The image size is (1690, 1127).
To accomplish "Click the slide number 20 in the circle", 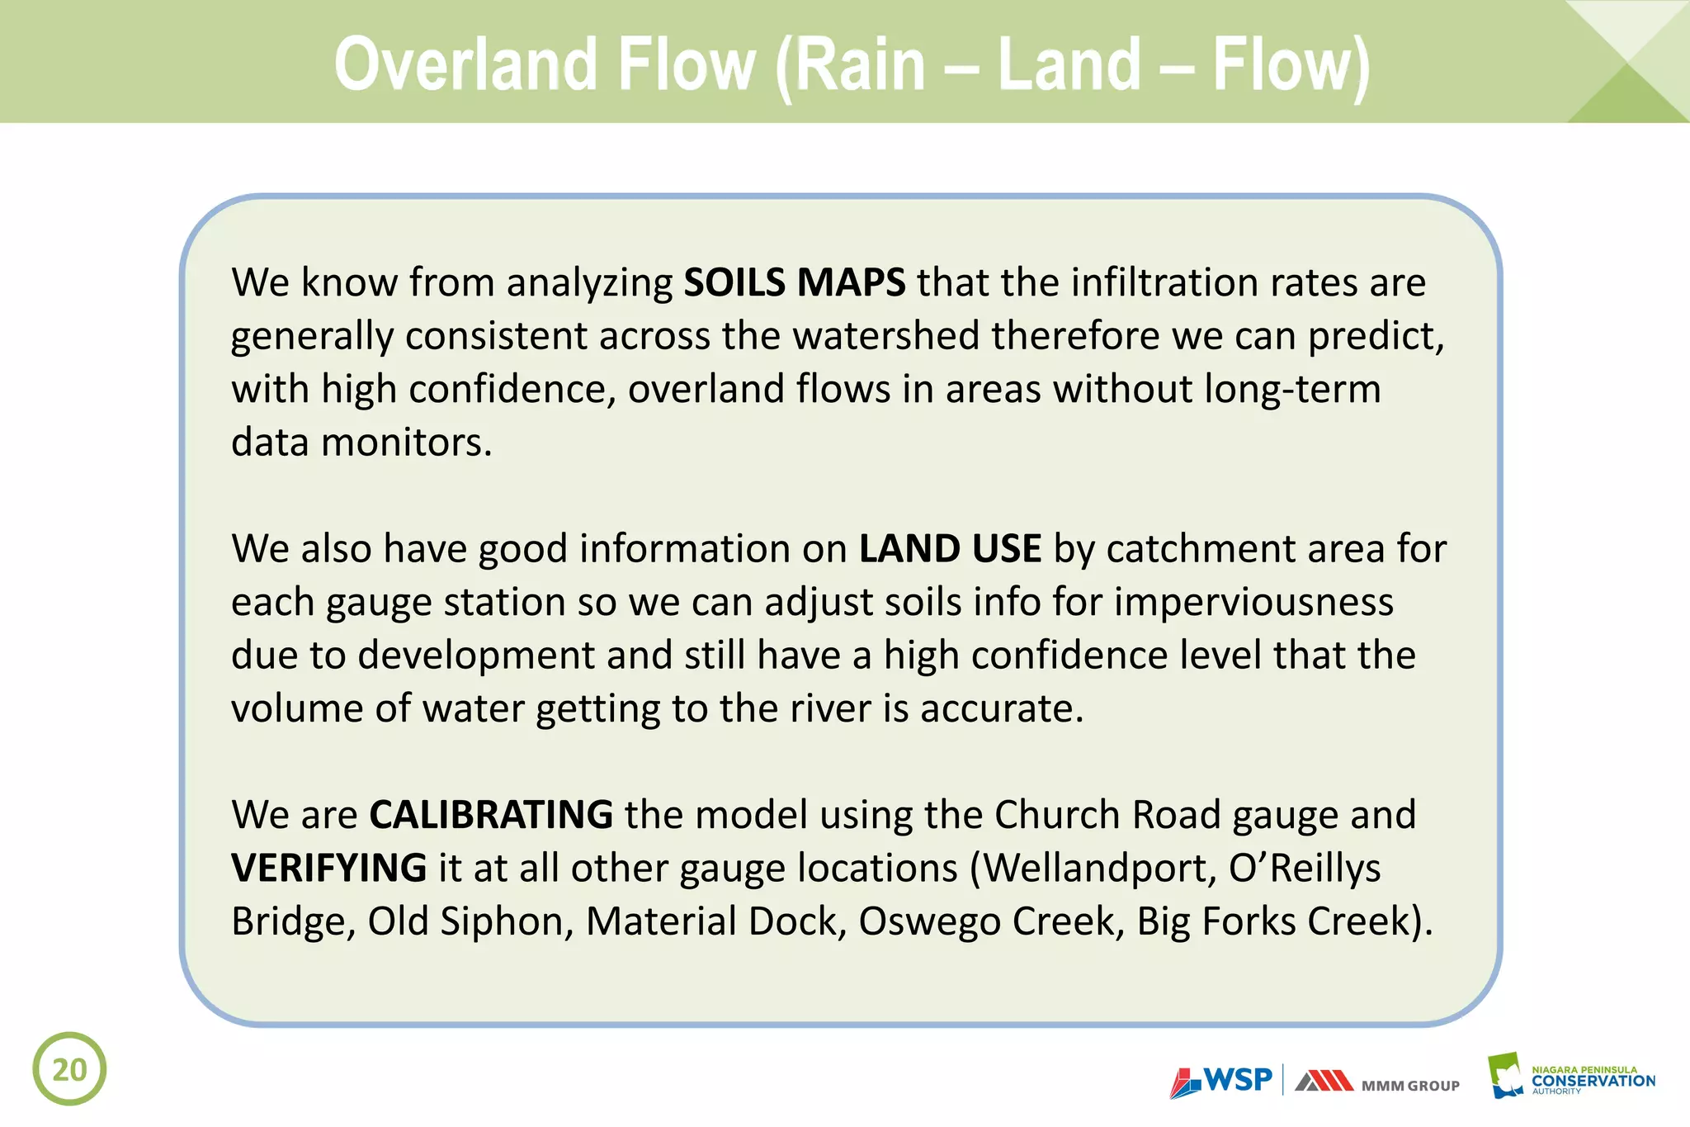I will [x=69, y=1069].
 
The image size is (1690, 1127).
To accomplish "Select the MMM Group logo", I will [x=1376, y=1082].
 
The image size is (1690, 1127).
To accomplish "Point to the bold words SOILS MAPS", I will [x=794, y=282].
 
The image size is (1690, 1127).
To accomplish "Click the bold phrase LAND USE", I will [x=950, y=549].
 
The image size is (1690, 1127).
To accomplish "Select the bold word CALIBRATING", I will [x=491, y=815].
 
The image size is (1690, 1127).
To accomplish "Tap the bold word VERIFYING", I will [x=328, y=868].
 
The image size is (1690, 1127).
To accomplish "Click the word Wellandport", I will [x=1099, y=869].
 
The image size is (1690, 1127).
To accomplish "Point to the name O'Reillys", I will [x=1305, y=868].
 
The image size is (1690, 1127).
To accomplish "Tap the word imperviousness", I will [x=1253, y=602].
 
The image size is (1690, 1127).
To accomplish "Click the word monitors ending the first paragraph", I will [x=405, y=443].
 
